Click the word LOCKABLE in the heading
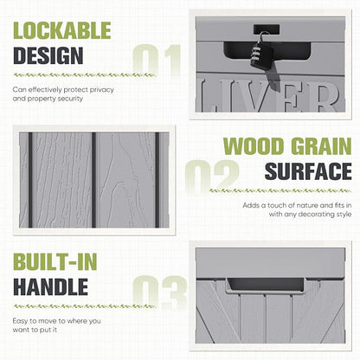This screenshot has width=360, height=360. pyautogui.click(x=62, y=30)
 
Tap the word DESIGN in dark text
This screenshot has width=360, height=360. pyautogui.click(x=48, y=55)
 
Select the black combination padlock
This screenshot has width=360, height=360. pyautogui.click(x=261, y=54)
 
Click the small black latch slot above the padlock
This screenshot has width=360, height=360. pyautogui.click(x=267, y=29)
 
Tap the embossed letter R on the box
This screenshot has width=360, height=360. pyautogui.click(x=326, y=98)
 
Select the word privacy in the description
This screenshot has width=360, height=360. pyautogui.click(x=101, y=90)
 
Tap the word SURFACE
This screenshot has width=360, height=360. pyautogui.click(x=308, y=171)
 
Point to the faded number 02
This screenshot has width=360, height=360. pyautogui.click(x=212, y=176)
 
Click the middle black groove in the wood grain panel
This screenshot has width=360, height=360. pyautogui.click(x=93, y=180)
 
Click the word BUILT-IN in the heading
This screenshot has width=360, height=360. pyautogui.click(x=55, y=262)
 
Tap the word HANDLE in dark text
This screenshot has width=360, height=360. pyautogui.click(x=50, y=286)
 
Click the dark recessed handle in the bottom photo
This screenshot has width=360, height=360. pyautogui.click(x=266, y=285)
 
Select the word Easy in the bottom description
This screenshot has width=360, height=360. pyautogui.click(x=20, y=321)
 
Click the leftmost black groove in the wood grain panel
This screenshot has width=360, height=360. pyautogui.click(x=30, y=180)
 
